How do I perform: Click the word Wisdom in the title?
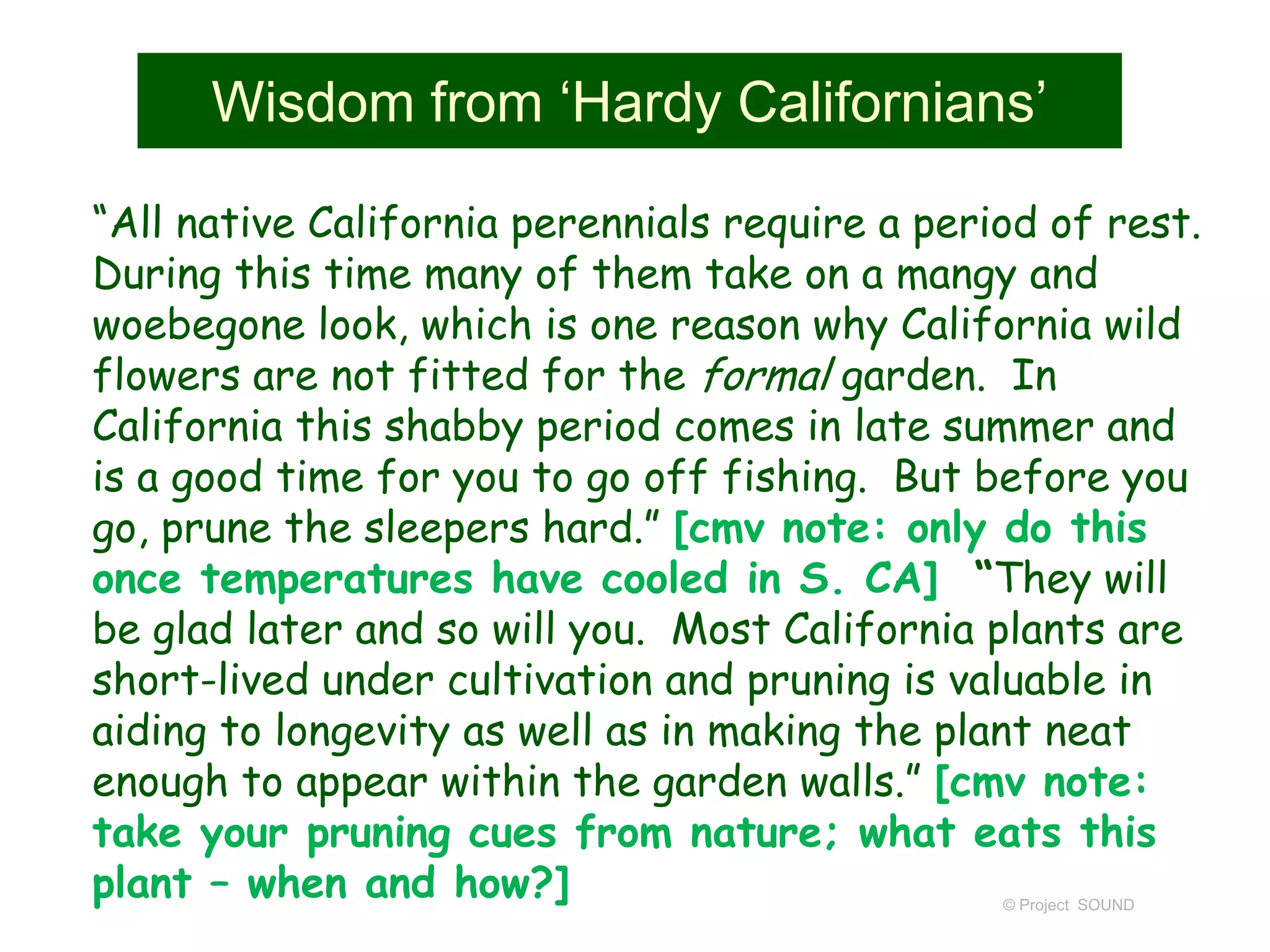click(x=313, y=102)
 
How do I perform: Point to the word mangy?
click(x=956, y=276)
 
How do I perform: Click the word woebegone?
click(x=198, y=327)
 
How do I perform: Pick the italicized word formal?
click(x=768, y=376)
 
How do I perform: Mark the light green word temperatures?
click(x=337, y=580)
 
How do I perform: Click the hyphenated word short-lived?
click(x=200, y=681)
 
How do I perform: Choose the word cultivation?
click(x=550, y=681)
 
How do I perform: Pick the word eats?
click(x=1017, y=834)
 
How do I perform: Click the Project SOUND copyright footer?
click(x=1068, y=906)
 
